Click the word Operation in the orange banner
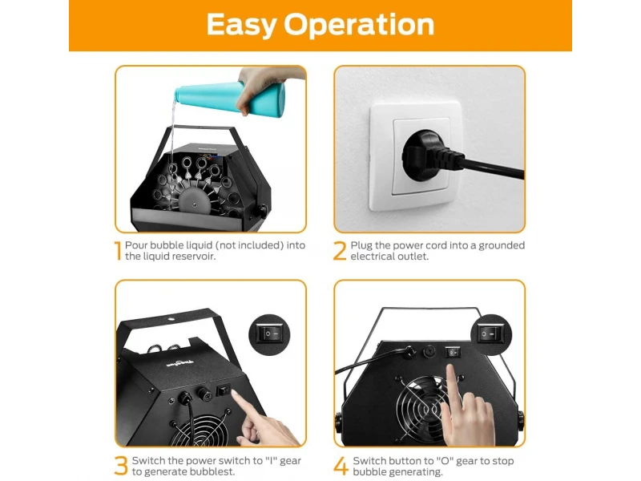[359, 25]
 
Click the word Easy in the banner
[241, 25]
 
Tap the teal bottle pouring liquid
[230, 98]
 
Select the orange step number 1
[118, 251]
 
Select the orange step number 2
[340, 251]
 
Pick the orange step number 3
[122, 466]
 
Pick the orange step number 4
[341, 467]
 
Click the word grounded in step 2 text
[502, 245]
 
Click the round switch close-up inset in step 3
[269, 334]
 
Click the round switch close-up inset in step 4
[490, 334]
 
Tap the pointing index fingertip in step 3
[234, 394]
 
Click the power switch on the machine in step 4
[453, 352]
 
